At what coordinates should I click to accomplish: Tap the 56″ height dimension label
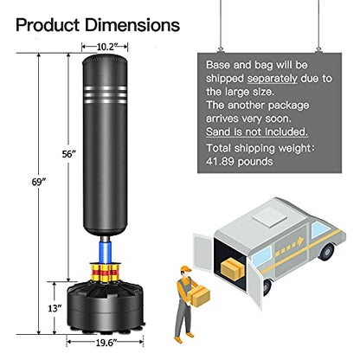point(68,154)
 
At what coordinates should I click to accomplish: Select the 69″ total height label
point(39,183)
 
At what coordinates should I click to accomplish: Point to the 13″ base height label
point(55,308)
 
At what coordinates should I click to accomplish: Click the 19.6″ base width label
point(106,343)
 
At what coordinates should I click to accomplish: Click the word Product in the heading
point(48,25)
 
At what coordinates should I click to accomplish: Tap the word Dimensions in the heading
point(132,25)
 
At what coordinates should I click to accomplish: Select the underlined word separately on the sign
point(272,79)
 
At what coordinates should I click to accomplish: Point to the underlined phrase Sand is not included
point(257,132)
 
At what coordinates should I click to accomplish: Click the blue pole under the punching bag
point(105,253)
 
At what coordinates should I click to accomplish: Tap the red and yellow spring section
point(105,273)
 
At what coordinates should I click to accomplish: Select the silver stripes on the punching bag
point(106,94)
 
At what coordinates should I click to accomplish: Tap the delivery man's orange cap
point(186,269)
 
